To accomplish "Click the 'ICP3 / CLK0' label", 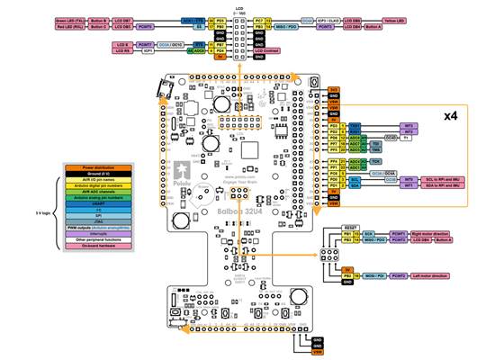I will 314,19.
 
